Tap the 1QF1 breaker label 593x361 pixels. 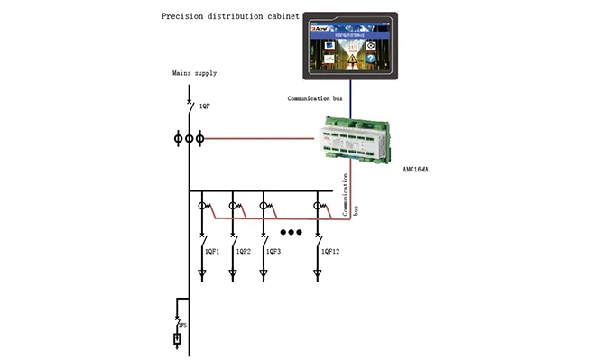pos(213,249)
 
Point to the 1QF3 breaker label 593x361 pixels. pos(274,249)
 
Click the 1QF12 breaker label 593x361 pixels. pos(331,249)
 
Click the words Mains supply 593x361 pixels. pos(195,72)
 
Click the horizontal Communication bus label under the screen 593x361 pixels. pos(317,97)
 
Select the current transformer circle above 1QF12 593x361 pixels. pos(318,207)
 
